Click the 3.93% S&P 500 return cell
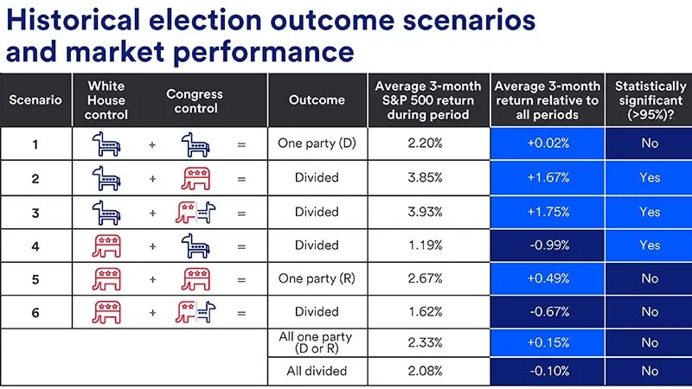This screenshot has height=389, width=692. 424,212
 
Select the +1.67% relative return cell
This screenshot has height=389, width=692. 547,178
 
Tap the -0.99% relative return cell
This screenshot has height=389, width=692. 547,246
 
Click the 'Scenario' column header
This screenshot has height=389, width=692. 35,99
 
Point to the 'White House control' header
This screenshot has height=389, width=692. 108,99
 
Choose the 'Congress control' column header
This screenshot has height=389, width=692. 195,99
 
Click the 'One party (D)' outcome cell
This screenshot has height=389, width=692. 316,143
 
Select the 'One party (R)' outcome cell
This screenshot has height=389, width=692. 316,278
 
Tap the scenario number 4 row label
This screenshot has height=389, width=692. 35,246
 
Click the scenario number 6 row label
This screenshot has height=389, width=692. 35,312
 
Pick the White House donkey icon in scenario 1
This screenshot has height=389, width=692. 108,144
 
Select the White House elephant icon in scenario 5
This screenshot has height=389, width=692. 108,278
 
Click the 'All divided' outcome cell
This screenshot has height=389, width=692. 316,371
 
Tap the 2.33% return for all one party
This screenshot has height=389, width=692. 424,342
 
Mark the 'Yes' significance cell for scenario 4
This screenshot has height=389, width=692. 650,246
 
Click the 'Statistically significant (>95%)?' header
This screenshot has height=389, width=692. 650,99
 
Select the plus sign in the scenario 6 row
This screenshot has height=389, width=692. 152,312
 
